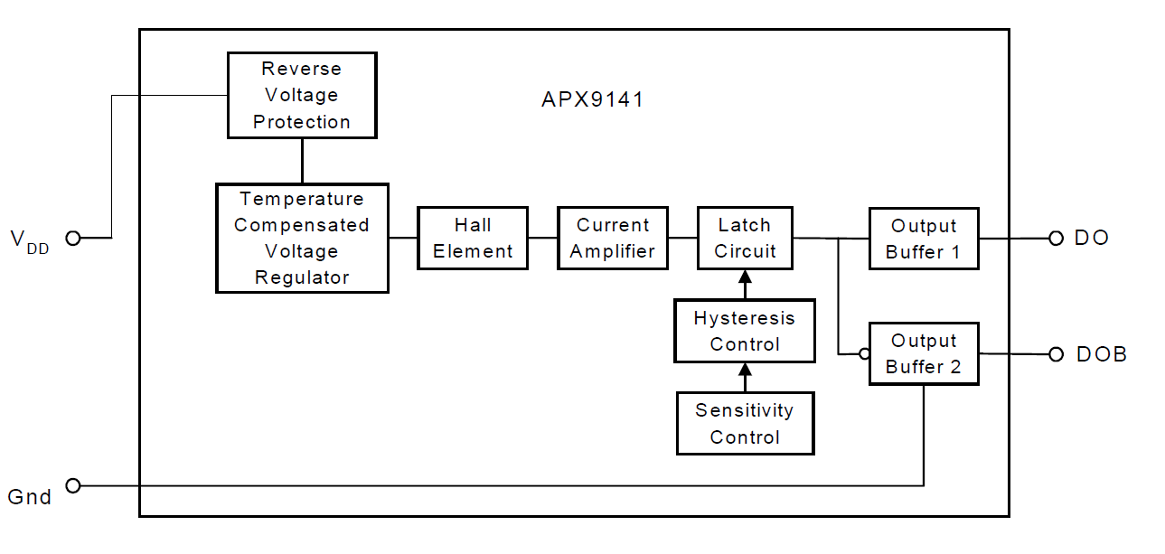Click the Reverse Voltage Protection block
pos(302,95)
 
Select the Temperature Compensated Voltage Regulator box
pos(302,239)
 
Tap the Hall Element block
pos(473,239)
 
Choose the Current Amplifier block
pos(613,239)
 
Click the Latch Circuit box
pos(745,239)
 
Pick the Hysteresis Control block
pos(745,331)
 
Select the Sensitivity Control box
pos(745,424)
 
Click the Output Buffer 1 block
pos(924,239)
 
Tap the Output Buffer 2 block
pos(924,353)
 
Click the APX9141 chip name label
pos(593,99)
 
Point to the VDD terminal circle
pos(73,239)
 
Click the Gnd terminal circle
pos(73,486)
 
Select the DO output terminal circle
pos(1056,239)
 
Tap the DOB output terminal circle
pos(1056,354)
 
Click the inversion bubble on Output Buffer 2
pos(864,354)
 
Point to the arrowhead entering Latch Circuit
pos(745,277)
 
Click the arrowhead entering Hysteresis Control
pos(745,370)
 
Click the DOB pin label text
pos(1102,354)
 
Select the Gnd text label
pos(30,497)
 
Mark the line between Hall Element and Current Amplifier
pos(542,239)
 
